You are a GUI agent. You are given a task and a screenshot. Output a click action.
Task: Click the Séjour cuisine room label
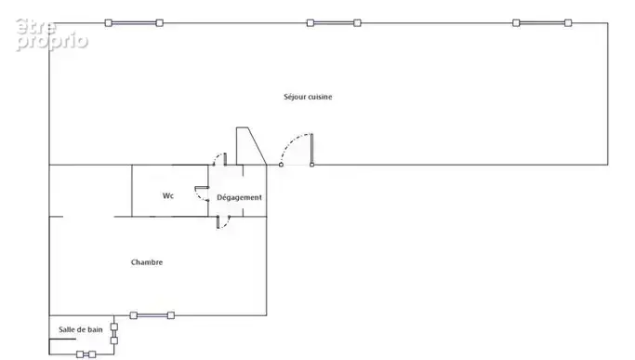pos(308,97)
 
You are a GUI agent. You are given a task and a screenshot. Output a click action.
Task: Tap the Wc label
pos(168,195)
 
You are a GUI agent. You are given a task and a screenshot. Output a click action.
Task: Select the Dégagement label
pos(239,197)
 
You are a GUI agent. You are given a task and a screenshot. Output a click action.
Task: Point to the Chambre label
pos(147,262)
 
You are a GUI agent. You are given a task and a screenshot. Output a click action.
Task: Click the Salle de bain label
pos(81,329)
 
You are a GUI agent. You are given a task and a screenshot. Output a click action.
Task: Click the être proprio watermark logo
pos(51,34)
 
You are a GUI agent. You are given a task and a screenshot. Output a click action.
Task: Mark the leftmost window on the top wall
pos(134,23)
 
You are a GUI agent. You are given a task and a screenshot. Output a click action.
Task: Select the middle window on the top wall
pos(334,23)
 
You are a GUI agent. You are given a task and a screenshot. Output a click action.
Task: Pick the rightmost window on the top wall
pos(542,23)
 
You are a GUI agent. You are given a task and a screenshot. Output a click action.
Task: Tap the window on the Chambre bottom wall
pos(152,315)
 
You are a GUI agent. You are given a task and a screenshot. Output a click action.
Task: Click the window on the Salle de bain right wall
pos(114,334)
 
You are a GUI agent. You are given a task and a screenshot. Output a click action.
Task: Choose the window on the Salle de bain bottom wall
pos(86,354)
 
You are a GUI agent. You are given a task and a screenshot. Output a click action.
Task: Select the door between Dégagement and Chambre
pos(223,222)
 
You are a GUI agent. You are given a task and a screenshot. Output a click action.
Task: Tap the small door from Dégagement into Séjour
pos(220,159)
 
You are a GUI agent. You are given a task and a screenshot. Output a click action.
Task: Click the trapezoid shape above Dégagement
pos(248,146)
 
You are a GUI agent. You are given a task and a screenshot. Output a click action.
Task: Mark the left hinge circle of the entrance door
pos(281,165)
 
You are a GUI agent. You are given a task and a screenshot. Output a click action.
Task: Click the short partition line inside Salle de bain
pos(62,339)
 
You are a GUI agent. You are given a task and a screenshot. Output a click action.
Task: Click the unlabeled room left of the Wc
pos(90,191)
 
